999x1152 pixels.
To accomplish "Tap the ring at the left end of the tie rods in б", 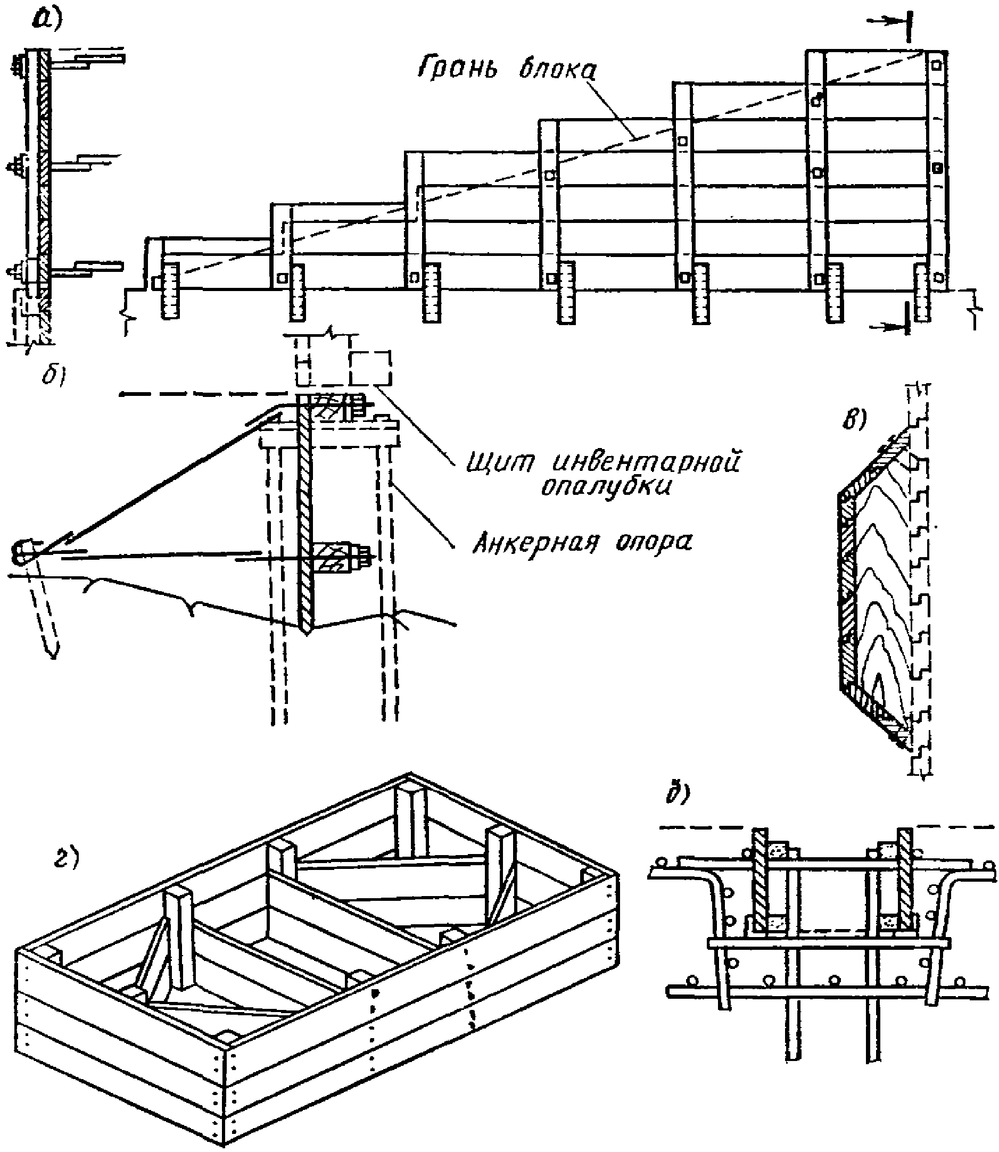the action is click(22, 552).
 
